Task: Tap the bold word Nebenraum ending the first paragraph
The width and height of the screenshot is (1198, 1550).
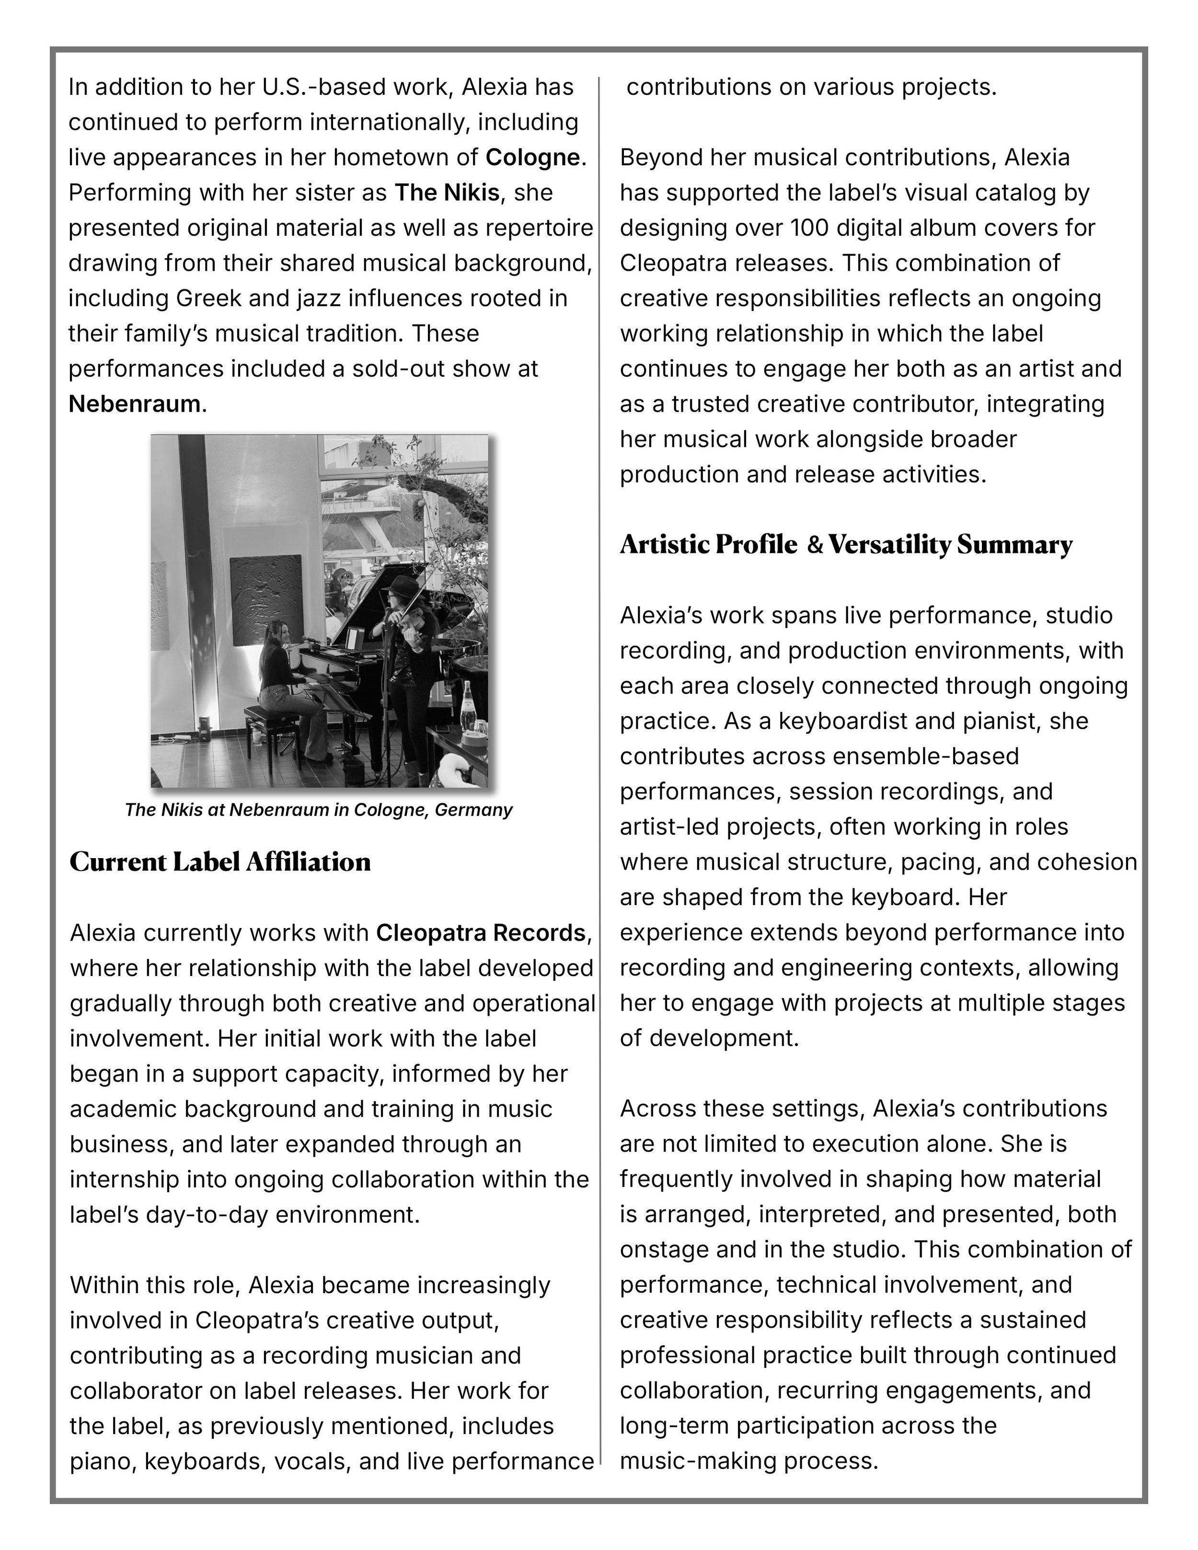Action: pos(134,404)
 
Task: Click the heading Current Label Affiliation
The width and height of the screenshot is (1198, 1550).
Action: pos(220,862)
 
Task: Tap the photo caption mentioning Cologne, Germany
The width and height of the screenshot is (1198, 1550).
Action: pos(319,810)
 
